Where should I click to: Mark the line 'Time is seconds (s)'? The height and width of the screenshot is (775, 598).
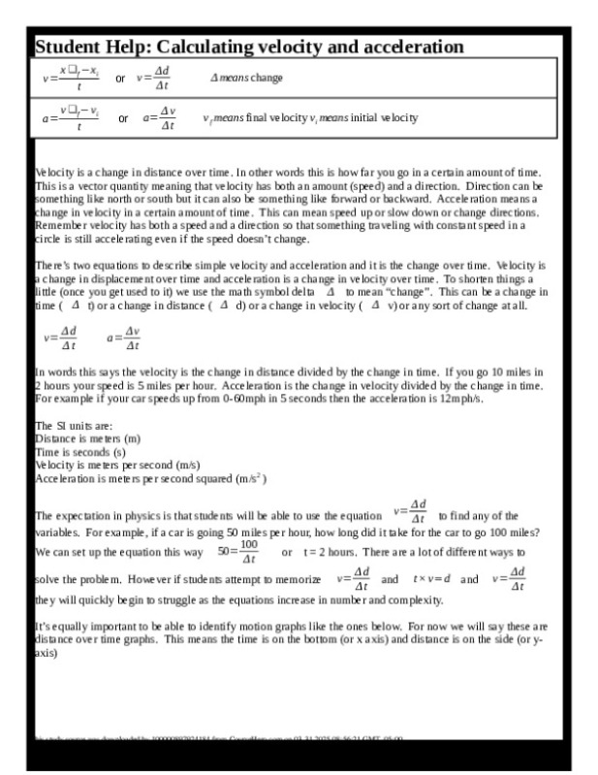pos(80,452)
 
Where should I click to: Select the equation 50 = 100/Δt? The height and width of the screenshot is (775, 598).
pos(238,553)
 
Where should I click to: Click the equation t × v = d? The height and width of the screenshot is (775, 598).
pos(431,579)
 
